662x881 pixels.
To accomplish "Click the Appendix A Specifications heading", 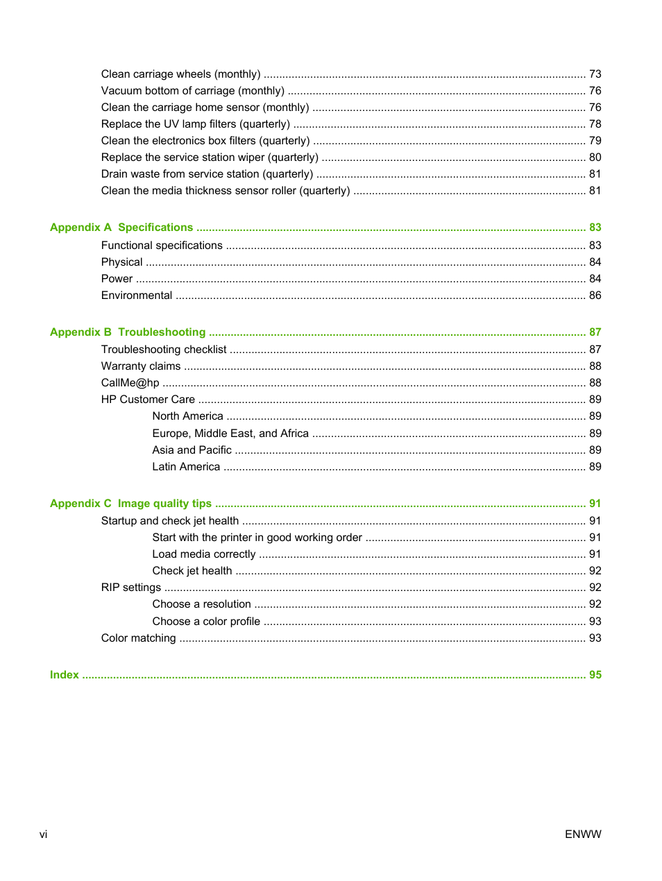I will pyautogui.click(x=121, y=228).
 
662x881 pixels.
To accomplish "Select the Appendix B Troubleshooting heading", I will pyautogui.click(x=128, y=332).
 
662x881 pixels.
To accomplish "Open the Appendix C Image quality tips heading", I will pyautogui.click(x=130, y=504).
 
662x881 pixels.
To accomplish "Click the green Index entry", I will pyautogui.click(x=64, y=675).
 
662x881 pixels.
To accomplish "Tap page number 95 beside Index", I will pyautogui.click(x=595, y=675).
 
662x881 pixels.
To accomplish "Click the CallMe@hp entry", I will pyautogui.click(x=130, y=383).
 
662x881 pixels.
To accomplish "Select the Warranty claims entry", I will pyautogui.click(x=141, y=366).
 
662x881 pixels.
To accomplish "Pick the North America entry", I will pyautogui.click(x=187, y=416).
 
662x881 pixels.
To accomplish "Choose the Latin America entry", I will pyautogui.click(x=186, y=467).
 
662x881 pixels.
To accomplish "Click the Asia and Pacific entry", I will pyautogui.click(x=192, y=450).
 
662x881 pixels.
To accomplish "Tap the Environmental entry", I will pyautogui.click(x=137, y=296).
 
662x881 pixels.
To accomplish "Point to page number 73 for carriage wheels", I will pyautogui.click(x=595, y=74).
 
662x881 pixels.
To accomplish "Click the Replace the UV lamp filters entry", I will pyautogui.click(x=196, y=124).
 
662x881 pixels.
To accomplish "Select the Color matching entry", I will pyautogui.click(x=139, y=638).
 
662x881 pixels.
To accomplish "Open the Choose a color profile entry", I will pyautogui.click(x=206, y=622).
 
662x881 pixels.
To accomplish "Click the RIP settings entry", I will pyautogui.click(x=131, y=588).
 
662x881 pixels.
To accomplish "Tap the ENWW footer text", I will pyautogui.click(x=583, y=835).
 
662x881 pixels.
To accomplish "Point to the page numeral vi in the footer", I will pyautogui.click(x=43, y=835).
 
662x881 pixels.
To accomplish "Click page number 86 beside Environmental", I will pyautogui.click(x=595, y=296).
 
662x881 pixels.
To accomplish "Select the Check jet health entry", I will pyautogui.click(x=192, y=571).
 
